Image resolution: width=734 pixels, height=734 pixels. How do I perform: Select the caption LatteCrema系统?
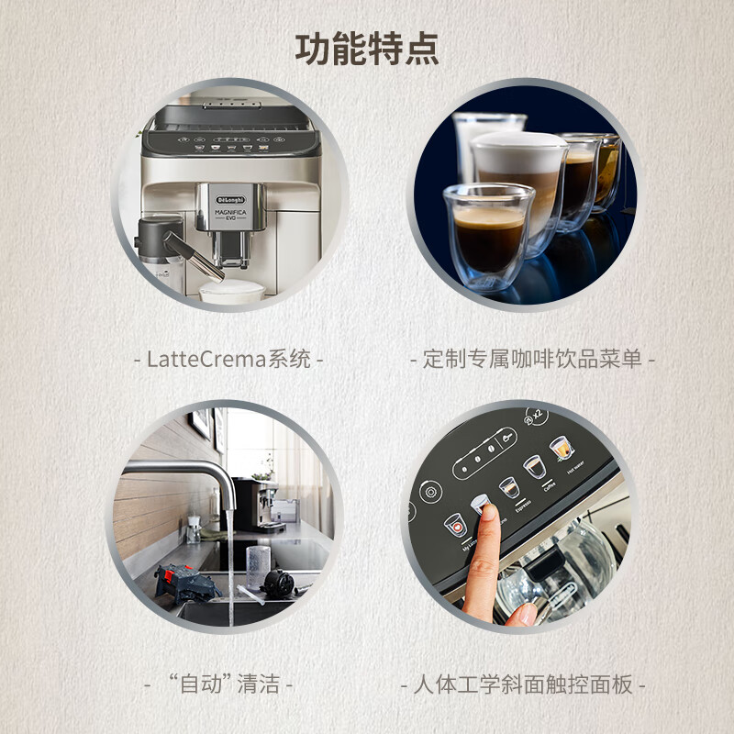tap(228, 359)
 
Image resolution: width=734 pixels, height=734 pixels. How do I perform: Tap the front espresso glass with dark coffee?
tap(488, 234)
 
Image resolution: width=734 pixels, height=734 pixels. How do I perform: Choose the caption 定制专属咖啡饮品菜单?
tap(532, 359)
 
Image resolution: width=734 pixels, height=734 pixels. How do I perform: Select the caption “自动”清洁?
tap(219, 684)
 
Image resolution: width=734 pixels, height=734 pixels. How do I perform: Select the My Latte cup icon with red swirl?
tap(455, 525)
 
